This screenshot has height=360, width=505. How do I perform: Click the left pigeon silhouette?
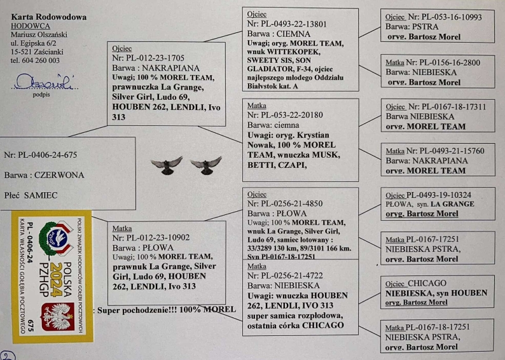[x=166, y=165]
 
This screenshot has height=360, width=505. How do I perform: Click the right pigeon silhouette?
[x=205, y=165]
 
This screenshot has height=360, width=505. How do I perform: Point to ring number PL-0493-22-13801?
[x=296, y=24]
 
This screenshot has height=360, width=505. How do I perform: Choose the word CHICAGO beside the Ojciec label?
[x=425, y=283]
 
